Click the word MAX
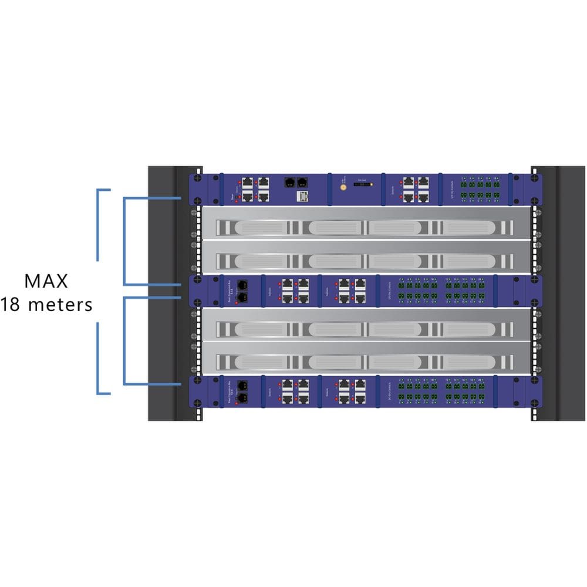pos(46,281)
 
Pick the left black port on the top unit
pos(290,181)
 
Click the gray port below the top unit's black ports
pos(302,195)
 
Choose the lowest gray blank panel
pos(363,360)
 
